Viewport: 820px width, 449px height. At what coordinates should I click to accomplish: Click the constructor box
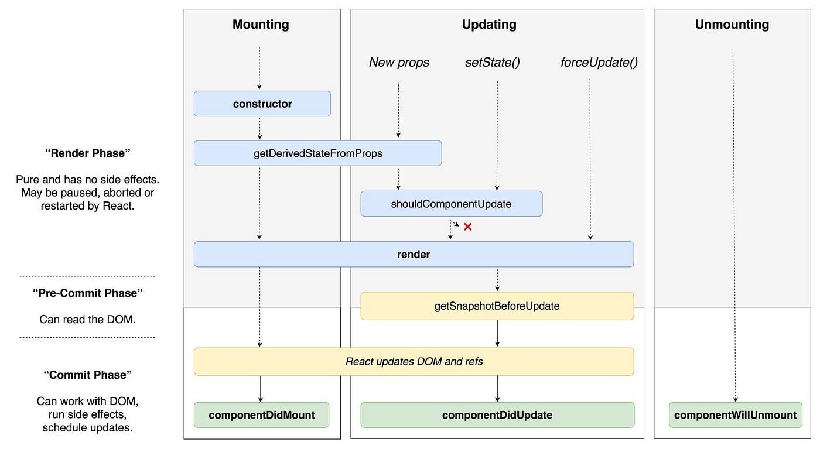[x=262, y=104]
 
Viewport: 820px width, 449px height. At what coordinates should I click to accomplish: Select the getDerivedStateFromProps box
[x=317, y=153]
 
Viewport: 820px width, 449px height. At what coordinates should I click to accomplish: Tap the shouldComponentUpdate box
[x=451, y=204]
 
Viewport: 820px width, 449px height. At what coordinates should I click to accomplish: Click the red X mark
[x=467, y=227]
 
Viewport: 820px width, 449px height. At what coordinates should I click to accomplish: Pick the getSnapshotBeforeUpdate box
[x=497, y=306]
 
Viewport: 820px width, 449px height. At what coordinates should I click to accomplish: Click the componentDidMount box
[x=261, y=415]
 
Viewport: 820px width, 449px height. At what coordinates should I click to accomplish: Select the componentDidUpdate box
[x=497, y=415]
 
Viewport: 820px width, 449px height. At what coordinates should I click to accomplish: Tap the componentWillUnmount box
[x=735, y=415]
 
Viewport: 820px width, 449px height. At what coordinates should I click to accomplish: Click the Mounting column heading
[x=261, y=25]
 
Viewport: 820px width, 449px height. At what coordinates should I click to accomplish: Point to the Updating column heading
[x=489, y=25]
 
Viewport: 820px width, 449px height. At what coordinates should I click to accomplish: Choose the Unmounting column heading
[x=732, y=25]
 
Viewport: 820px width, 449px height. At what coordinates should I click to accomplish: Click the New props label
[x=399, y=63]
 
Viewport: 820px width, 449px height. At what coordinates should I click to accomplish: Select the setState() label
[x=492, y=63]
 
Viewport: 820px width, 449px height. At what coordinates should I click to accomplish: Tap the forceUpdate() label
[x=599, y=63]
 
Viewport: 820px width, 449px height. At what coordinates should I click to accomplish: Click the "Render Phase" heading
[x=87, y=153]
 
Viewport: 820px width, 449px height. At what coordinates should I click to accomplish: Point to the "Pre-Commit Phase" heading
[x=87, y=293]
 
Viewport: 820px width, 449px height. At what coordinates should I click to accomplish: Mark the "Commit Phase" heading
[x=87, y=375]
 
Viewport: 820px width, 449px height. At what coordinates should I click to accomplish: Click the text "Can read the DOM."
[x=87, y=320]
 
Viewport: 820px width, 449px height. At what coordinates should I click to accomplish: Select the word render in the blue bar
[x=414, y=255]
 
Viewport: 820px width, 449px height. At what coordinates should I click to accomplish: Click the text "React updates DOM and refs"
[x=414, y=362]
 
